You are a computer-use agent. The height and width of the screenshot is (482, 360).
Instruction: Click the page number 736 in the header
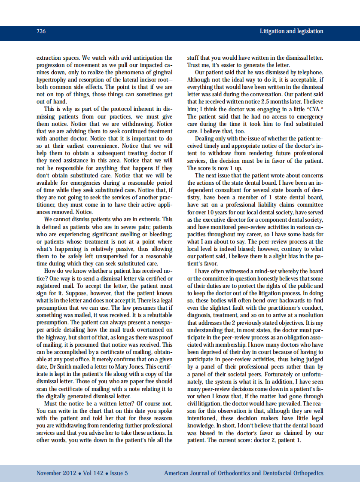coord(41,31)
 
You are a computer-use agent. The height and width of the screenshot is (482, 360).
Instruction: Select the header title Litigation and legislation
coord(291,31)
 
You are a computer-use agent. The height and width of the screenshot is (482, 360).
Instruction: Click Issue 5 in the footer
coord(119,473)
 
